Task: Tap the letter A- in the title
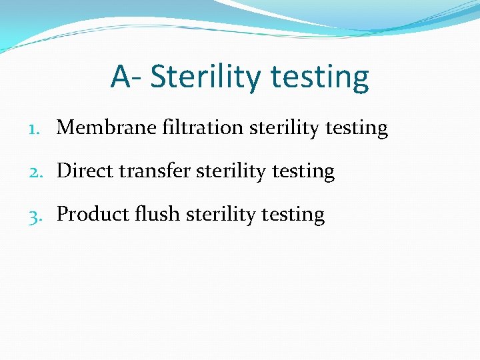[126, 77]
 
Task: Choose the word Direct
[84, 171]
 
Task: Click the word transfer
[154, 171]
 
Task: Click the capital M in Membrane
[65, 127]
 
